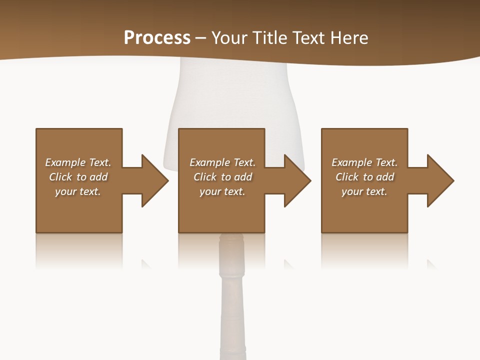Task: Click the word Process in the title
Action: click(x=157, y=38)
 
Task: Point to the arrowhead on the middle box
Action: click(x=297, y=180)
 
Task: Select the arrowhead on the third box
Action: click(x=440, y=180)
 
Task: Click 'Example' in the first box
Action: click(x=65, y=162)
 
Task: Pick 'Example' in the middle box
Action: click(x=209, y=162)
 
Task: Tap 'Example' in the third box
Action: click(x=351, y=162)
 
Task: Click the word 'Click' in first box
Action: click(x=60, y=177)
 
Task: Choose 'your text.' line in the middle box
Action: click(x=222, y=191)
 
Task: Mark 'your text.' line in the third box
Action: click(x=364, y=191)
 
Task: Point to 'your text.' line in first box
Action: click(x=78, y=191)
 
